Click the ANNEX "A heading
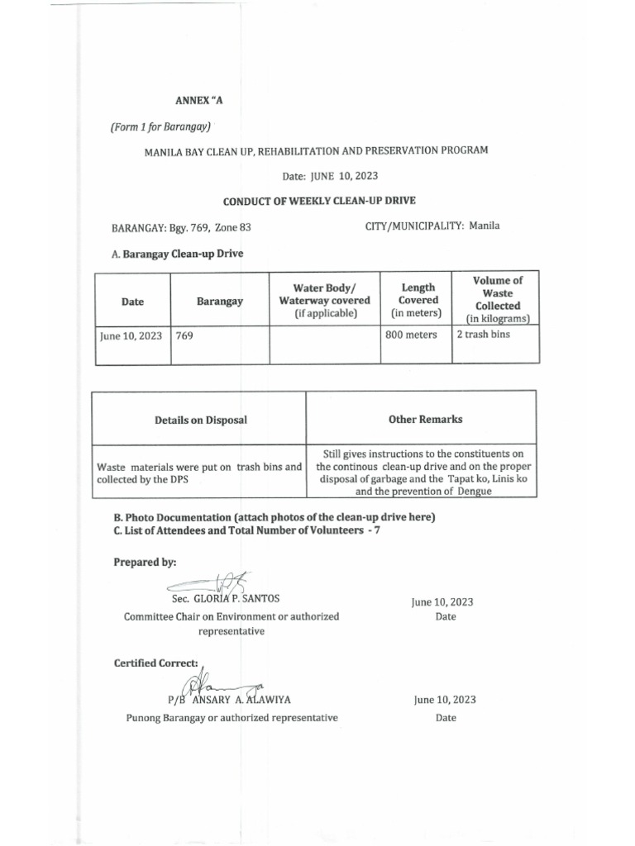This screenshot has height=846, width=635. tap(199, 101)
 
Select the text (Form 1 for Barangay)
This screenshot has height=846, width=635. tap(161, 126)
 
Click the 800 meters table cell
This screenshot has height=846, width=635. tap(411, 335)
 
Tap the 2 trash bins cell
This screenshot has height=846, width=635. tap(483, 335)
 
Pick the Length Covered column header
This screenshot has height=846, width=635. tap(418, 300)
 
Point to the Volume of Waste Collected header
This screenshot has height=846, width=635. tap(497, 299)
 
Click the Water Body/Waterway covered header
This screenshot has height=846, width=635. tap(324, 300)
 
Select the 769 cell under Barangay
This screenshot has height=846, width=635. tap(184, 335)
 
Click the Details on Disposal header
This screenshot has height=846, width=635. tap(200, 420)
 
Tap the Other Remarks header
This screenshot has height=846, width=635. tap(425, 419)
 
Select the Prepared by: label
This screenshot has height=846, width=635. tap(145, 562)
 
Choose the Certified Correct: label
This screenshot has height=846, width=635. tap(156, 663)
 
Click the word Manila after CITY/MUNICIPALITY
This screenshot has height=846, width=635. tap(485, 226)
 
